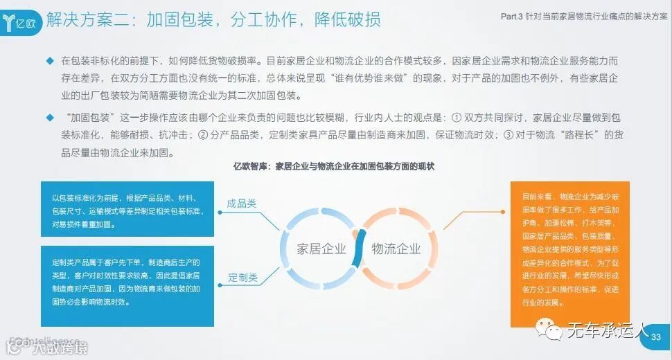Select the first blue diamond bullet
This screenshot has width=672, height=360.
pos(50,61)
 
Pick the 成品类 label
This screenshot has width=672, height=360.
pos(242,204)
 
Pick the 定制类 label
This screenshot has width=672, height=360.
pos(242,278)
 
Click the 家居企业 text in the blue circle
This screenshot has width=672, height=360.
pos(321,249)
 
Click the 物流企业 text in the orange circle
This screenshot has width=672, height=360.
pos(396,249)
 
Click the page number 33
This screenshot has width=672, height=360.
pos(655,337)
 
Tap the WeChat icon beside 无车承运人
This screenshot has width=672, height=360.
pos(554,332)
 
